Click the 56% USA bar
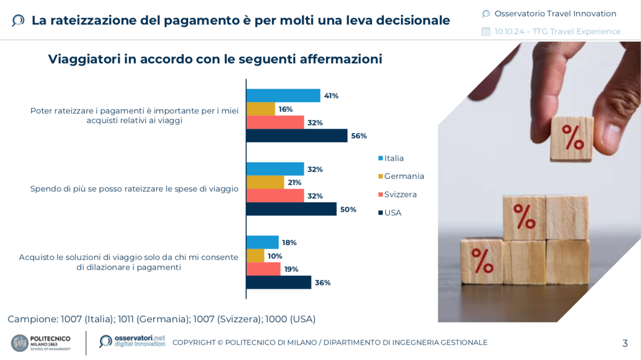pos(297,136)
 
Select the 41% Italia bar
pos(283,95)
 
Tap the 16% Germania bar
pos(261,109)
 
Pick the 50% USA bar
pos(291,209)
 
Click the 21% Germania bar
pos(265,182)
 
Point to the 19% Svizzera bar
pos(263,269)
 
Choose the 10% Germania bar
pos(255,256)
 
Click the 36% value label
pos(323,283)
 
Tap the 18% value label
pos(289,243)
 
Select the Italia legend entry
pos(391,158)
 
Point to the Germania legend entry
pos(401,176)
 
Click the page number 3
pos(625,343)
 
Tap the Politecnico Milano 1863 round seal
pos(20,343)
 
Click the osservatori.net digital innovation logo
pos(132,341)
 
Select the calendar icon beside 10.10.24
pos(486,31)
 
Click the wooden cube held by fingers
pos(572,138)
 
